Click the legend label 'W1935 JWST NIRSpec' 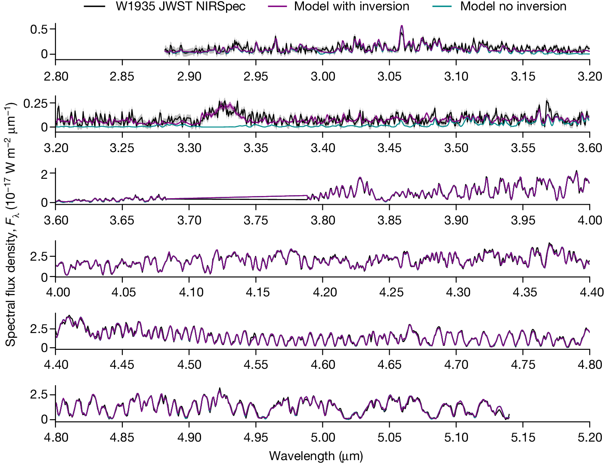coord(180,6)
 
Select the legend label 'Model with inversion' coord(351,6)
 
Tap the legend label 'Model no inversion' coord(513,6)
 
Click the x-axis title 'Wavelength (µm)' coord(316,455)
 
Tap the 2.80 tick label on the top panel coord(56,77)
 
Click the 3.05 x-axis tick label coord(390,77)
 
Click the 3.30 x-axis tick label coord(189,148)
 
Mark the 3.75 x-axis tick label coord(256,220)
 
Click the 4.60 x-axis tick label coord(323,364)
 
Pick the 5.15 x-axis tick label coord(523,437)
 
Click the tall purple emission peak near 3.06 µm coord(402,27)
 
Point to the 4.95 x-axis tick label coord(256,437)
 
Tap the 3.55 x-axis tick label coord(523,148)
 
